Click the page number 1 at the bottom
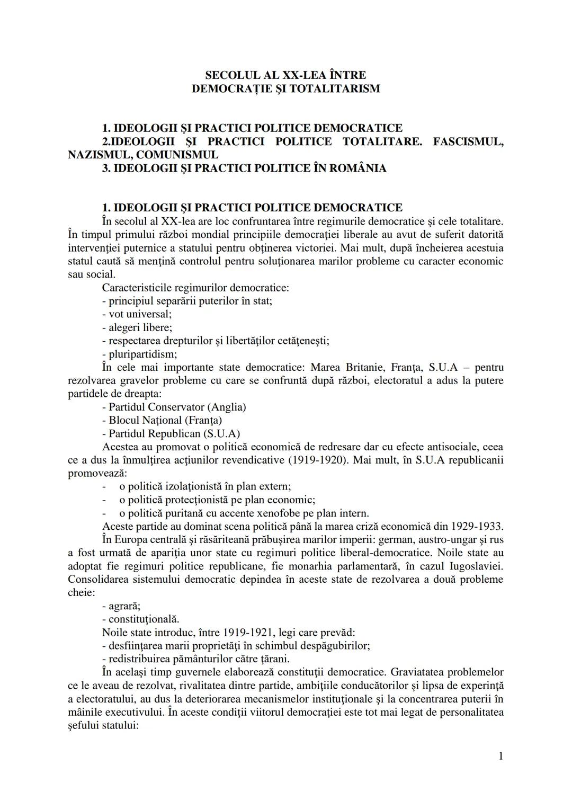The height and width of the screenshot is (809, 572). point(501,771)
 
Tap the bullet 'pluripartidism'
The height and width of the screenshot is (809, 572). point(139,354)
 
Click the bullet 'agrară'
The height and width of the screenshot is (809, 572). point(121,606)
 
